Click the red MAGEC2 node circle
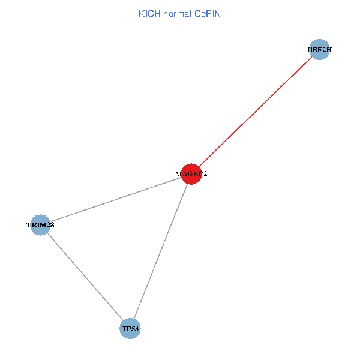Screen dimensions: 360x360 191,174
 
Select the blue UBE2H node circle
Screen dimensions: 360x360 319,50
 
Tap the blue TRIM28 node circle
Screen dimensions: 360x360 40,225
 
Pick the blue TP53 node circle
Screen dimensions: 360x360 130,329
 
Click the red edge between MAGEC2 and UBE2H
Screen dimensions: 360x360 256,112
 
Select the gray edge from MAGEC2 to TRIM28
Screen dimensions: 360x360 116,200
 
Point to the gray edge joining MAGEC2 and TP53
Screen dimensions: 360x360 161,251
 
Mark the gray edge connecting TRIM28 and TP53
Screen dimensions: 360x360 85,277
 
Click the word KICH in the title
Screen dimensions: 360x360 149,14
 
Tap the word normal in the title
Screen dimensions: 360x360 177,14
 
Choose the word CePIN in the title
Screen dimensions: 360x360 208,14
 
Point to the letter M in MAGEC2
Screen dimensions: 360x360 178,174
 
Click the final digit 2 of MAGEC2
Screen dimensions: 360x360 205,174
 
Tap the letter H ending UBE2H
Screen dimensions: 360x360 329,50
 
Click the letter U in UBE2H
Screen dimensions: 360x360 310,50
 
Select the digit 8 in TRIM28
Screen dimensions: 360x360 52,225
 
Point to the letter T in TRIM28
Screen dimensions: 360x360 29,225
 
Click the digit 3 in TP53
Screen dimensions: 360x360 136,329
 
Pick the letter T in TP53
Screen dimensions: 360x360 124,329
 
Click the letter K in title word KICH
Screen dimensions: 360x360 142,14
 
